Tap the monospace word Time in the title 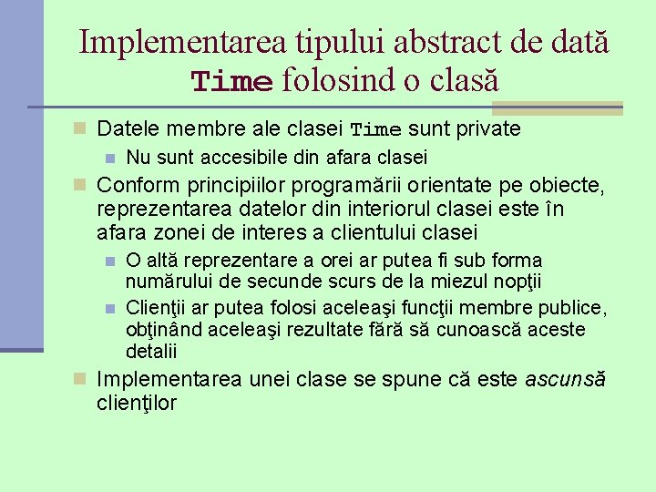point(231,82)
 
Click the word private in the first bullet point(489,128)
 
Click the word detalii point(151,352)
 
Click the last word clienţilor point(137,402)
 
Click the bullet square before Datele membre point(80,128)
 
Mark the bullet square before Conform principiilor point(80,185)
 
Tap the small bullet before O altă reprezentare point(110,261)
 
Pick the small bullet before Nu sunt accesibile point(110,158)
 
